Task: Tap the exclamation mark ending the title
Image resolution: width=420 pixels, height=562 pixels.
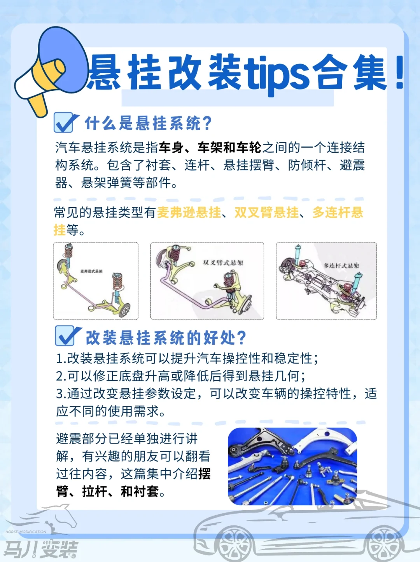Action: coord(399,72)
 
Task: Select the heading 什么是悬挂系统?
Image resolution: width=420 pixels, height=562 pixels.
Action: coord(148,123)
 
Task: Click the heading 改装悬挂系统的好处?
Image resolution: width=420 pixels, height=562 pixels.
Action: coord(166,337)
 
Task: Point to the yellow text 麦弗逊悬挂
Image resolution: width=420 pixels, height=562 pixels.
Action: coord(189,213)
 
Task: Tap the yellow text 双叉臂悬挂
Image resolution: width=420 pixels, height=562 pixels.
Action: coord(267,213)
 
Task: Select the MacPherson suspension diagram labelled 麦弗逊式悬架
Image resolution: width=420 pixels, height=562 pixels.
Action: coord(96,281)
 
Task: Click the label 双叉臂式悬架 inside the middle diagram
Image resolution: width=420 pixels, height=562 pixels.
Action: coord(223,263)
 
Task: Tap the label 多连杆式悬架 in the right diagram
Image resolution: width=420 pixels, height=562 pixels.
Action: coord(341,266)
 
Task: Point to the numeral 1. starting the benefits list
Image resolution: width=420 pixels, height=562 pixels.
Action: coord(61,358)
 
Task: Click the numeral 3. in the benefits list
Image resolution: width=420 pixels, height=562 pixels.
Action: coord(61,394)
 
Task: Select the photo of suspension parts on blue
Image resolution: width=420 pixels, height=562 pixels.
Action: coord(292,466)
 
